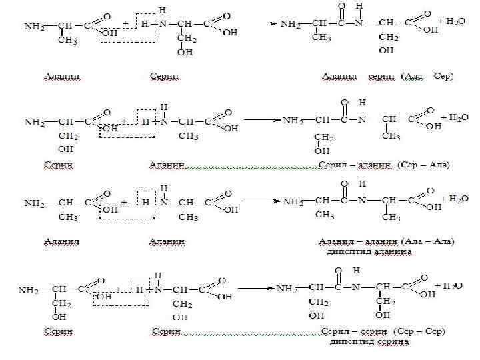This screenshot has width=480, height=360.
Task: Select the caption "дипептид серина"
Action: tap(369, 342)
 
